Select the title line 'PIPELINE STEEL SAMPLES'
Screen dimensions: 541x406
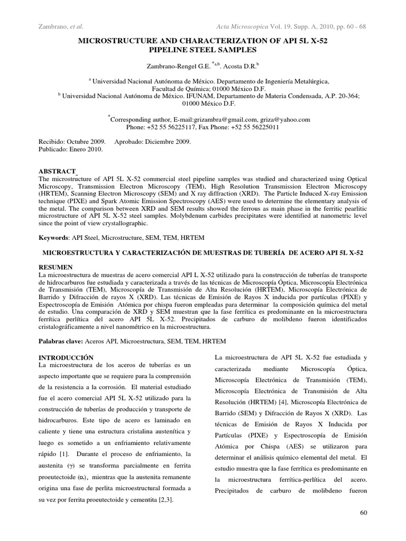coord(203,50)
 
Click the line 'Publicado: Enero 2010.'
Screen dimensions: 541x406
coord(71,149)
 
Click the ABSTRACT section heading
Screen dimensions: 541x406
coord(58,172)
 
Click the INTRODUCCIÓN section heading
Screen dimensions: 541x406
coord(67,358)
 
